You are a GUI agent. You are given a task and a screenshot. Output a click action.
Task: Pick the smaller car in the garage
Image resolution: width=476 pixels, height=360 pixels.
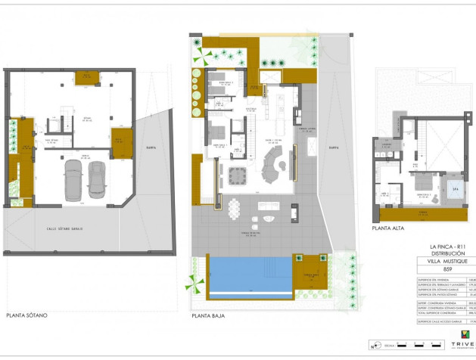click(98, 179)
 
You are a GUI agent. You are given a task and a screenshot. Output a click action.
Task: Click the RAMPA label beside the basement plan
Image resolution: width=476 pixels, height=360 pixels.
click(151, 147)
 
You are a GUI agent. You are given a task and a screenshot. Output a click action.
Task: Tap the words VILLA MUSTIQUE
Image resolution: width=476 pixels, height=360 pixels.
click(446, 261)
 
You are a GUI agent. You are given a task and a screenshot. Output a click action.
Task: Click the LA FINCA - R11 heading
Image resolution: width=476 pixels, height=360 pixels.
click(446, 247)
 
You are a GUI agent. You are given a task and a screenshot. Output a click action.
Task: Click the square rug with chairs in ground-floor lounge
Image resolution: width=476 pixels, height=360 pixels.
click(238, 175)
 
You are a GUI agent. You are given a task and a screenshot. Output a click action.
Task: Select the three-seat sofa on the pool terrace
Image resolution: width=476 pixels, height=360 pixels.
click(269, 206)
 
